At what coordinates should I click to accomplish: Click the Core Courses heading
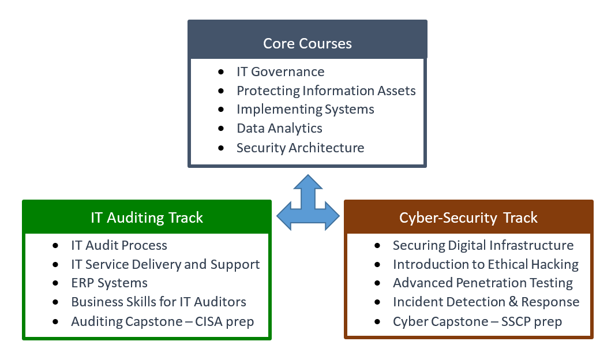(x=307, y=43)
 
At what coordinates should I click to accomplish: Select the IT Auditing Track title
(x=147, y=217)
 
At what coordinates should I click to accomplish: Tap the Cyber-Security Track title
(x=468, y=217)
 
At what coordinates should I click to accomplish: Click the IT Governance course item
(x=280, y=72)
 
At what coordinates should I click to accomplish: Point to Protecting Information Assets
(x=326, y=91)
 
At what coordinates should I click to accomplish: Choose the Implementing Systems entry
(x=305, y=110)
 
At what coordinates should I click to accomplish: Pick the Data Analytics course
(x=279, y=128)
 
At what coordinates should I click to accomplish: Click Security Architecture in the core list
(x=300, y=148)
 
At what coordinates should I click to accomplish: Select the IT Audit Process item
(x=119, y=246)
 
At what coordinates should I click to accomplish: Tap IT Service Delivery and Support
(x=165, y=265)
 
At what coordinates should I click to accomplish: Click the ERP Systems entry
(x=109, y=283)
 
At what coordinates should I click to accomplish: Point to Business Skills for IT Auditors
(x=159, y=302)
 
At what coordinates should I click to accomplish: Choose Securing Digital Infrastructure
(x=483, y=246)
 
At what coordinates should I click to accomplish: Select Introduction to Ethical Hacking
(x=486, y=265)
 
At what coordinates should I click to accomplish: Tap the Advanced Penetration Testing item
(x=483, y=283)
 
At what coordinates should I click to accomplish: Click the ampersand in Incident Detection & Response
(x=513, y=302)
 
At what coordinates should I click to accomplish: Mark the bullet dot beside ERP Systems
(x=55, y=283)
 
